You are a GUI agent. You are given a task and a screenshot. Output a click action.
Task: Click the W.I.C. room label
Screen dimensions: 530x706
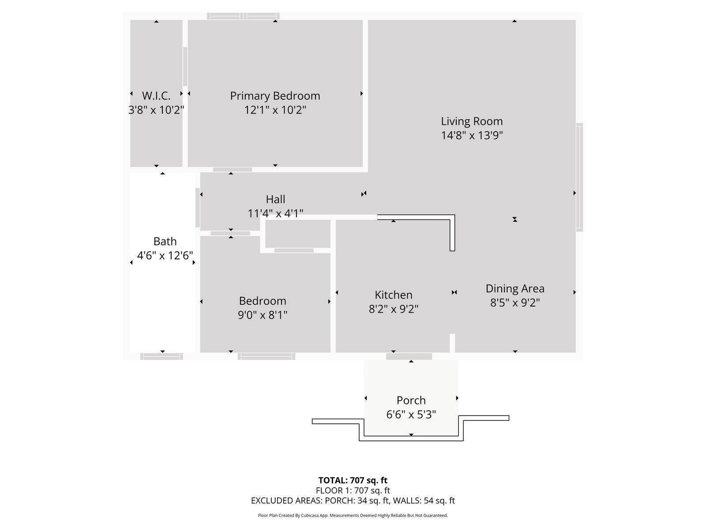pos(156,96)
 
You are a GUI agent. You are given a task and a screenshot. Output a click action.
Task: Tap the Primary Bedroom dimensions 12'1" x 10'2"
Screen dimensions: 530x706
pos(275,110)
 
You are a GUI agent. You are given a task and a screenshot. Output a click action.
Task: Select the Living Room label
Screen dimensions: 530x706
pos(472,121)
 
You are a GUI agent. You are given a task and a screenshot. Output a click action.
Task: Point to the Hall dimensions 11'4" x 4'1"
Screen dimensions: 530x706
pos(275,214)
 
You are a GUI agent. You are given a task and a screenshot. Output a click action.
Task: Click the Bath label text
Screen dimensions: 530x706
pos(165,241)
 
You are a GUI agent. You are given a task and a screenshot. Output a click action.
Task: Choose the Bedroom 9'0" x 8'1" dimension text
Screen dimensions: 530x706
pos(263,315)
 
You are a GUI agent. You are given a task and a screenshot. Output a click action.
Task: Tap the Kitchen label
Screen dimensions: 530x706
pos(394,295)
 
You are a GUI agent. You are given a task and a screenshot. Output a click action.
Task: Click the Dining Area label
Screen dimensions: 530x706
pos(515,288)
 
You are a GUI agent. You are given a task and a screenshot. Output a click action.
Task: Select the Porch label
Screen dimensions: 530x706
pos(411,400)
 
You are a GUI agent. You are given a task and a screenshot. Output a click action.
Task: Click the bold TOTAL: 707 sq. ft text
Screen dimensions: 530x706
pos(353,480)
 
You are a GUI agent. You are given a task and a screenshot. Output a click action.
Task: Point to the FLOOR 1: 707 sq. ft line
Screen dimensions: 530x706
pos(353,490)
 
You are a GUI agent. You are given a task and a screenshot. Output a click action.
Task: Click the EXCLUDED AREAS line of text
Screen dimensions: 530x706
pos(353,500)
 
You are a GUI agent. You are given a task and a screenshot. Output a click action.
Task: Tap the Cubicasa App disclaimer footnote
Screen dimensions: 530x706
pos(353,515)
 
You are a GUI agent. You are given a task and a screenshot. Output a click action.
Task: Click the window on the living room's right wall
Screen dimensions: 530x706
pos(579,177)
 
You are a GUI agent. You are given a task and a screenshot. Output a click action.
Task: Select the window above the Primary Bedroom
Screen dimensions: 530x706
pos(243,16)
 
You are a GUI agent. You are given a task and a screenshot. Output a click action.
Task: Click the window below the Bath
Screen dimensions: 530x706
pos(161,356)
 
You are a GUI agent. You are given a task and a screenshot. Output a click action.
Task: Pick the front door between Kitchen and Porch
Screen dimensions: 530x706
pos(409,356)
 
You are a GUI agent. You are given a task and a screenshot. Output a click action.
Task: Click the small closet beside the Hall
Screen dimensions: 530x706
pos(298,234)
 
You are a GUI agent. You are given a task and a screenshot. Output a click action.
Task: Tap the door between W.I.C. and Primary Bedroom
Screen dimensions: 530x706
pos(185,66)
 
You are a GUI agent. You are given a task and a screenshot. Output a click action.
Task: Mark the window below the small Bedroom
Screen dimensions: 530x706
pos(267,356)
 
